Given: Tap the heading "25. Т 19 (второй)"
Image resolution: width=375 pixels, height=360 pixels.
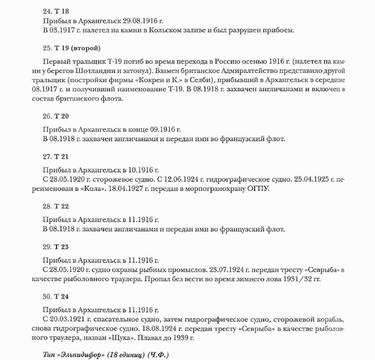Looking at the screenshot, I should coord(72,49).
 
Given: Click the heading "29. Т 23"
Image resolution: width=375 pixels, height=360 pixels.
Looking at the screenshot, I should coord(55,247).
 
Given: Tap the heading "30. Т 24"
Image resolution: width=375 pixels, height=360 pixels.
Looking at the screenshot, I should coord(55,298).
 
